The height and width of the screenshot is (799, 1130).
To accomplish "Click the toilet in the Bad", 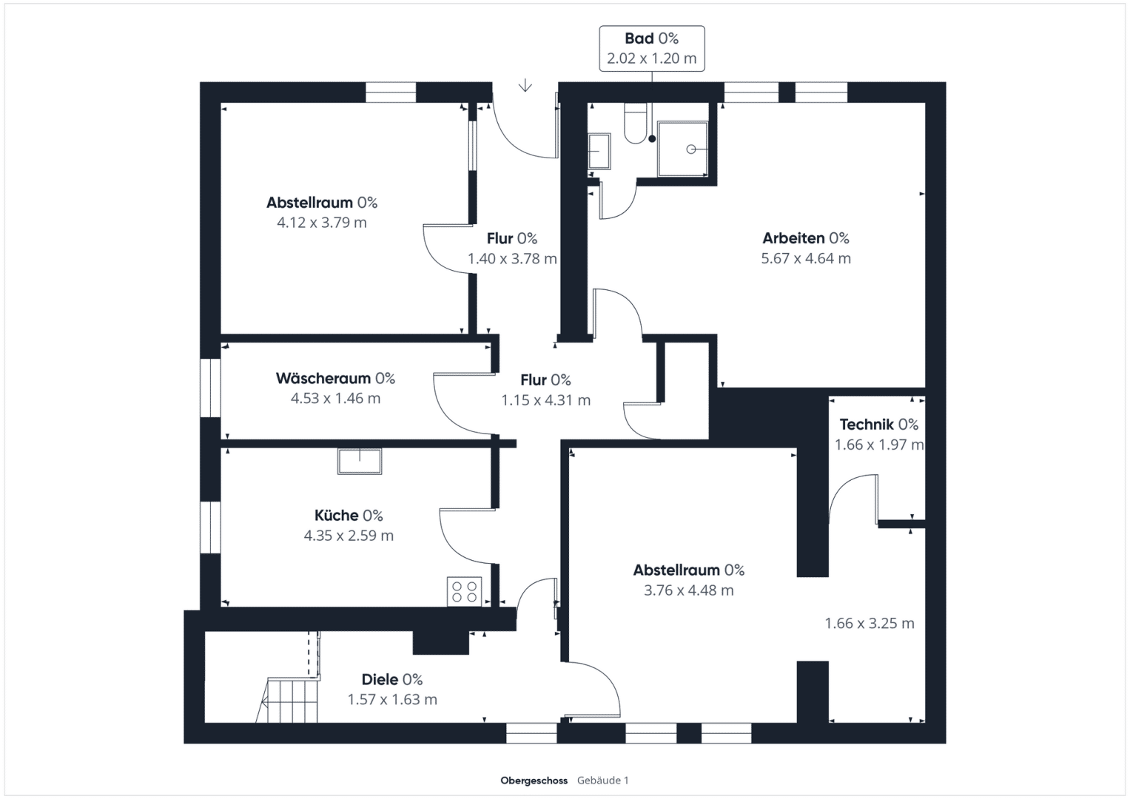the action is (x=635, y=123).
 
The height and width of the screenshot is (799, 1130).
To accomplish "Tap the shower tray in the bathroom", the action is (x=682, y=149).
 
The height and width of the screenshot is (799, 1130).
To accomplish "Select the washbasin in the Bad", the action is (x=599, y=151).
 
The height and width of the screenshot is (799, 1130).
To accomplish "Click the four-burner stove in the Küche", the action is (x=464, y=592).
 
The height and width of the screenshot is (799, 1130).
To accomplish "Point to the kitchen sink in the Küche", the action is (x=360, y=461).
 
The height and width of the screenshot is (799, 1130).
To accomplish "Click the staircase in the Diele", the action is (x=288, y=700).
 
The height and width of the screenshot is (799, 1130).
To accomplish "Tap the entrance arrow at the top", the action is (x=525, y=85).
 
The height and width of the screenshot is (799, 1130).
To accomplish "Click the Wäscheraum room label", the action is (x=323, y=378).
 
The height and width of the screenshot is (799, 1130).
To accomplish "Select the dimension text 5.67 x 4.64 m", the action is (x=806, y=258).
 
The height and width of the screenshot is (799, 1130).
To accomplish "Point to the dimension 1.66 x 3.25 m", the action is (x=870, y=624).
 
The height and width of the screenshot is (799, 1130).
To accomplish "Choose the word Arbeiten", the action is (x=793, y=238).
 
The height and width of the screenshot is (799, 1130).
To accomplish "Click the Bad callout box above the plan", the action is (x=652, y=48).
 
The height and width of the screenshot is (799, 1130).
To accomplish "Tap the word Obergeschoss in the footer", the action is (x=534, y=781).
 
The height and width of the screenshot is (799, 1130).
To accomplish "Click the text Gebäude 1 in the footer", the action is (x=603, y=781).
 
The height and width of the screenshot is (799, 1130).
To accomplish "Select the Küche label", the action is (x=337, y=516).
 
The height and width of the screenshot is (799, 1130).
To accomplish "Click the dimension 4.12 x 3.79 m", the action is (x=322, y=223).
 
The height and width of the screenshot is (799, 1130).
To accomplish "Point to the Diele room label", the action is (x=380, y=679).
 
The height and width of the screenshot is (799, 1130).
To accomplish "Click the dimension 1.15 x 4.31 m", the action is (x=546, y=400).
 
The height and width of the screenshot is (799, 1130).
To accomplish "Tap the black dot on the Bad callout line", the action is (x=652, y=139).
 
